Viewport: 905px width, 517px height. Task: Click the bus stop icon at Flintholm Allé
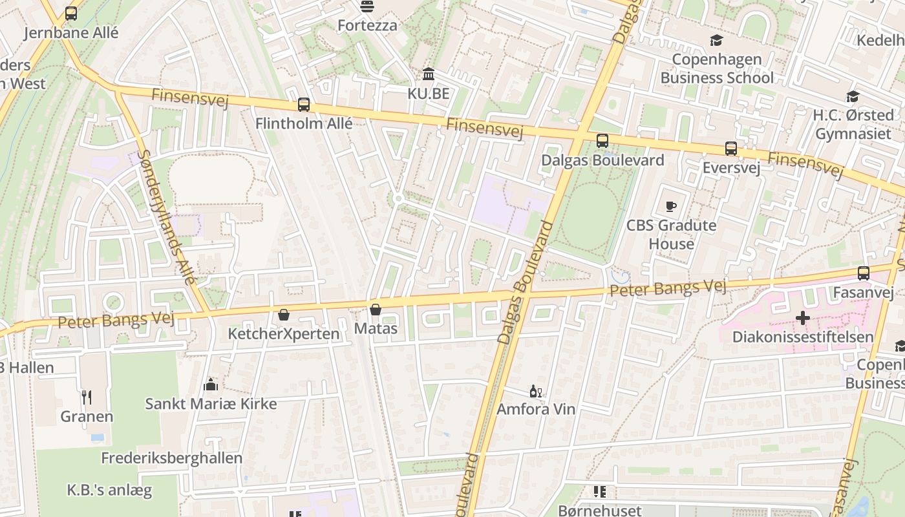pyautogui.click(x=303, y=105)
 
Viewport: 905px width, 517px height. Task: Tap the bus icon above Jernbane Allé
pyautogui.click(x=71, y=14)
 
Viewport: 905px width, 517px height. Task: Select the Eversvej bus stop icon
pyautogui.click(x=730, y=149)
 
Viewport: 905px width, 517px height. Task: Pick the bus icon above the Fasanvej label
pyautogui.click(x=863, y=273)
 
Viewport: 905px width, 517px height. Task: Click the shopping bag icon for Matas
pyautogui.click(x=376, y=310)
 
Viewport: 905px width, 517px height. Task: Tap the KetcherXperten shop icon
pyautogui.click(x=283, y=315)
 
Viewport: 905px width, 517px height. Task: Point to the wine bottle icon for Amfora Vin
pyautogui.click(x=535, y=391)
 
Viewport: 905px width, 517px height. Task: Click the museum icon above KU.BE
pyautogui.click(x=428, y=74)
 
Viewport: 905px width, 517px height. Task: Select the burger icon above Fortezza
pyautogui.click(x=367, y=7)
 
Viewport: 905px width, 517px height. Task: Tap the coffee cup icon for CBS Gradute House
pyautogui.click(x=671, y=207)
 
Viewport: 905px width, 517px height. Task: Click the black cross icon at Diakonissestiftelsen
pyautogui.click(x=802, y=318)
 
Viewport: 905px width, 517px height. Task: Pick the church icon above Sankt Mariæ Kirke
pyautogui.click(x=210, y=385)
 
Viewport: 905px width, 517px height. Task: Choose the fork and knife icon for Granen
pyautogui.click(x=87, y=397)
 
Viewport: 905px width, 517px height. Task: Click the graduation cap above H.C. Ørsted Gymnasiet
pyautogui.click(x=853, y=97)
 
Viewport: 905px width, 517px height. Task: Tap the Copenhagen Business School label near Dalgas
pyautogui.click(x=716, y=69)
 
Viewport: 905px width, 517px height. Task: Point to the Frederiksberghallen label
pyautogui.click(x=171, y=458)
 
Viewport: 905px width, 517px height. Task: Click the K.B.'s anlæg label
pyautogui.click(x=109, y=490)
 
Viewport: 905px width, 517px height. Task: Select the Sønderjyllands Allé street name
pyautogui.click(x=167, y=216)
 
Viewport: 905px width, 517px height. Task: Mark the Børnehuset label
pyautogui.click(x=599, y=511)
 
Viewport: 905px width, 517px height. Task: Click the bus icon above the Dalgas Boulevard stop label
pyautogui.click(x=602, y=141)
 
